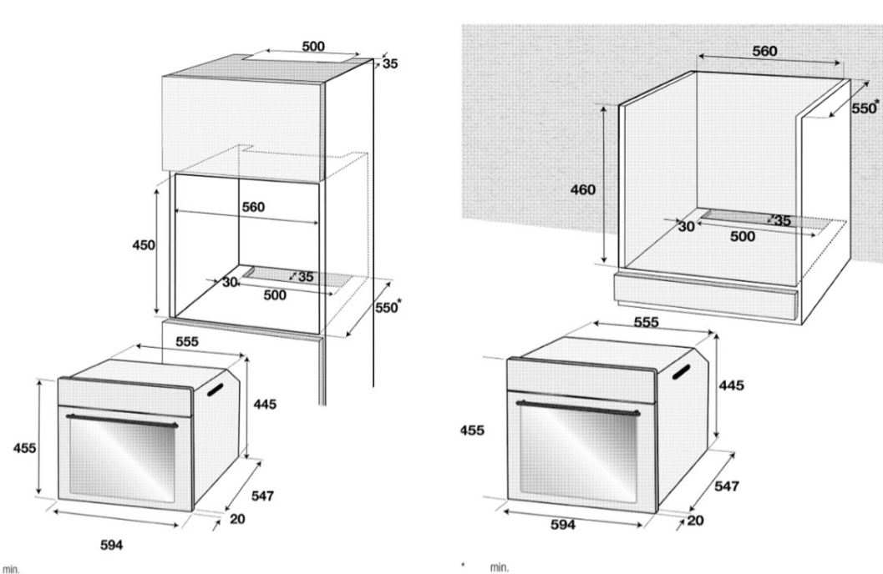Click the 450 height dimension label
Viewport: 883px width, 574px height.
[144, 245]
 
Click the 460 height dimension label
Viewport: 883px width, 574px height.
[583, 190]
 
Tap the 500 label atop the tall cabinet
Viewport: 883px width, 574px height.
[313, 46]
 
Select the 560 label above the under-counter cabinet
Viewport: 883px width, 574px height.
[764, 51]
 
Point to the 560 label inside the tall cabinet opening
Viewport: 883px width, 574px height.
[253, 207]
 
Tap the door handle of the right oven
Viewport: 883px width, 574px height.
[578, 408]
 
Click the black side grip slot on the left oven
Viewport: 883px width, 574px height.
[216, 390]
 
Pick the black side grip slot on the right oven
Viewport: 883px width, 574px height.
[680, 371]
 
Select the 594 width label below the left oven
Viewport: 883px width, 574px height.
[111, 545]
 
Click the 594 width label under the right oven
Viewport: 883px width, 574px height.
[563, 525]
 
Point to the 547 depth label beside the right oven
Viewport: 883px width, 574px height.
[727, 486]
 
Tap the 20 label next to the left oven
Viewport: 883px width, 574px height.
[237, 519]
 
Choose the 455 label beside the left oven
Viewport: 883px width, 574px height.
[25, 448]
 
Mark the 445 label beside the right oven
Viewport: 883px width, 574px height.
[731, 385]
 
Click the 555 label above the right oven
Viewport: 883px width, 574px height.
[646, 322]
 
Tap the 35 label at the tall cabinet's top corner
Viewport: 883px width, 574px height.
[390, 63]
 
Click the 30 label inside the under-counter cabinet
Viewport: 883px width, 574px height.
[686, 227]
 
